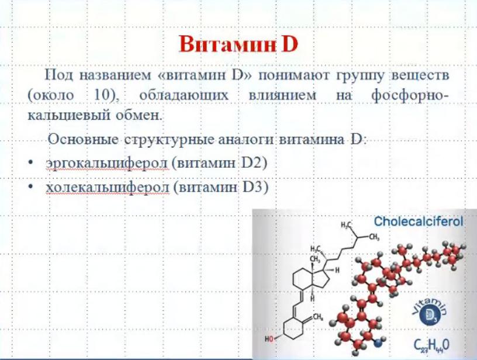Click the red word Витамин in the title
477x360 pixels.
[227, 44]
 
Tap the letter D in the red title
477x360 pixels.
[289, 44]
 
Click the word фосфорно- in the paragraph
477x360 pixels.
[410, 96]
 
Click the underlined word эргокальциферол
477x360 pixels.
[107, 164]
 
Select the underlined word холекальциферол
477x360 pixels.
[108, 187]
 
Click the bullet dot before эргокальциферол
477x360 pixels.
[30, 163]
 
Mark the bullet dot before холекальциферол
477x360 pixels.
[30, 186]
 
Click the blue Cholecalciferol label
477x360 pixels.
[419, 221]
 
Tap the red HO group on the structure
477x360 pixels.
[269, 339]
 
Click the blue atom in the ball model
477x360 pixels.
[378, 343]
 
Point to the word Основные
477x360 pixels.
[83, 140]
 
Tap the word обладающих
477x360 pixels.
[184, 95]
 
